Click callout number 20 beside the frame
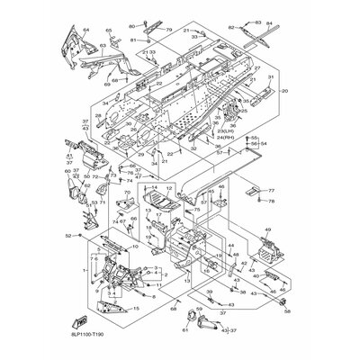[284, 91]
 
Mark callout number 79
[167, 30]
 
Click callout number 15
[137, 308]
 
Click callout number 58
[287, 310]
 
